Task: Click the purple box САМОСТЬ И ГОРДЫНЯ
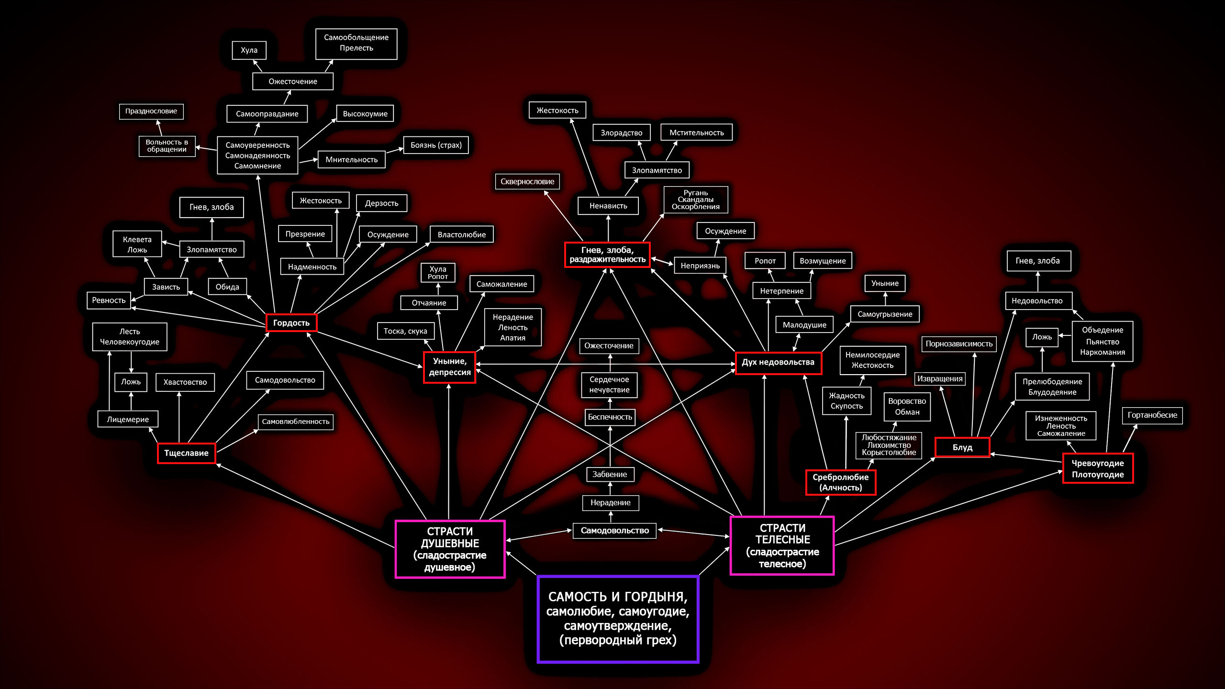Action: tap(618, 619)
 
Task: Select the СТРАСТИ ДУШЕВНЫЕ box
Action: tap(450, 549)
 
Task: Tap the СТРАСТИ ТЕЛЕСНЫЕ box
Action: tap(782, 545)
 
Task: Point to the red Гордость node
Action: tap(291, 323)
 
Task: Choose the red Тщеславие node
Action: tap(186, 453)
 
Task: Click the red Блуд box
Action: tap(962, 447)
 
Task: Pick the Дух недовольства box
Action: tap(778, 362)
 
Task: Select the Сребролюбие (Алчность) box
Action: tap(840, 482)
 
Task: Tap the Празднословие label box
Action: tap(151, 111)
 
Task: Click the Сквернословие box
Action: tap(527, 181)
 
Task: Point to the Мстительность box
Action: tap(696, 133)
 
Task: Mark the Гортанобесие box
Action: tap(1152, 415)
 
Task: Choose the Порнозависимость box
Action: tap(959, 344)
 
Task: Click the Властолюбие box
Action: tap(461, 234)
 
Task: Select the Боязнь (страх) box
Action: tap(436, 145)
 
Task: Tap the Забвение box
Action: tap(610, 474)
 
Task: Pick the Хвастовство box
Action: tap(185, 382)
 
